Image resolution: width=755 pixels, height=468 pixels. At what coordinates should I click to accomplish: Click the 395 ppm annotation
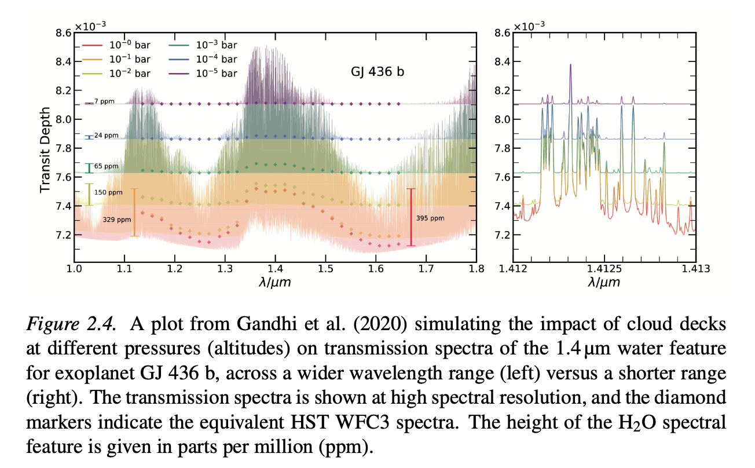[x=430, y=218]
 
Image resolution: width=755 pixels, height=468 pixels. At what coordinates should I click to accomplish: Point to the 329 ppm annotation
[x=116, y=220]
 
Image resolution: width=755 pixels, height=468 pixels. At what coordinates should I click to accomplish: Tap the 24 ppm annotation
[x=105, y=136]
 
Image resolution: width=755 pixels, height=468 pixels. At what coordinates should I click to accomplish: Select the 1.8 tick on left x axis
[x=476, y=269]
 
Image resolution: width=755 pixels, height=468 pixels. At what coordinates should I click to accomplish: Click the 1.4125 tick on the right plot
[x=604, y=269]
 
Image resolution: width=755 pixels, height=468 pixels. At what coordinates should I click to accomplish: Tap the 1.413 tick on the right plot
[x=695, y=269]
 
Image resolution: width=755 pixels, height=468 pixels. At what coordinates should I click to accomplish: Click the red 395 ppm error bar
[x=411, y=217]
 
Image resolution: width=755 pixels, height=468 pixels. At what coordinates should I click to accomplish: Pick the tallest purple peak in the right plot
[x=570, y=65]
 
